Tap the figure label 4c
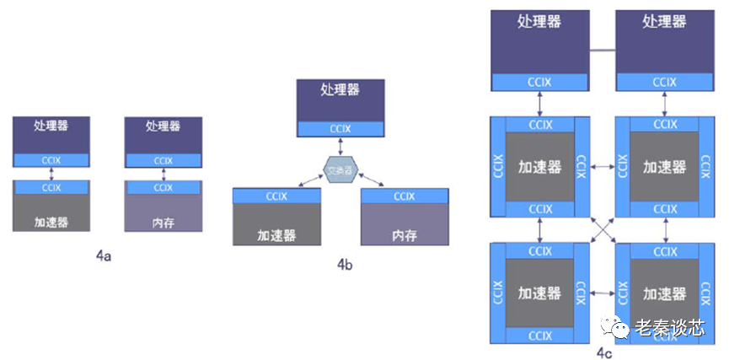point(603,352)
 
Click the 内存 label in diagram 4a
point(163,223)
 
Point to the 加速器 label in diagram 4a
point(51,223)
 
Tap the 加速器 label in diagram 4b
point(276,235)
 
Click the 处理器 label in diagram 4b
point(340,89)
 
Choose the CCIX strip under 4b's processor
point(340,128)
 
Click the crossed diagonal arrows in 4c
point(601,228)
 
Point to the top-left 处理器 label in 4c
point(539,21)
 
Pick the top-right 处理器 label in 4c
point(665,21)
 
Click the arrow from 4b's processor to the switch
point(340,145)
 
